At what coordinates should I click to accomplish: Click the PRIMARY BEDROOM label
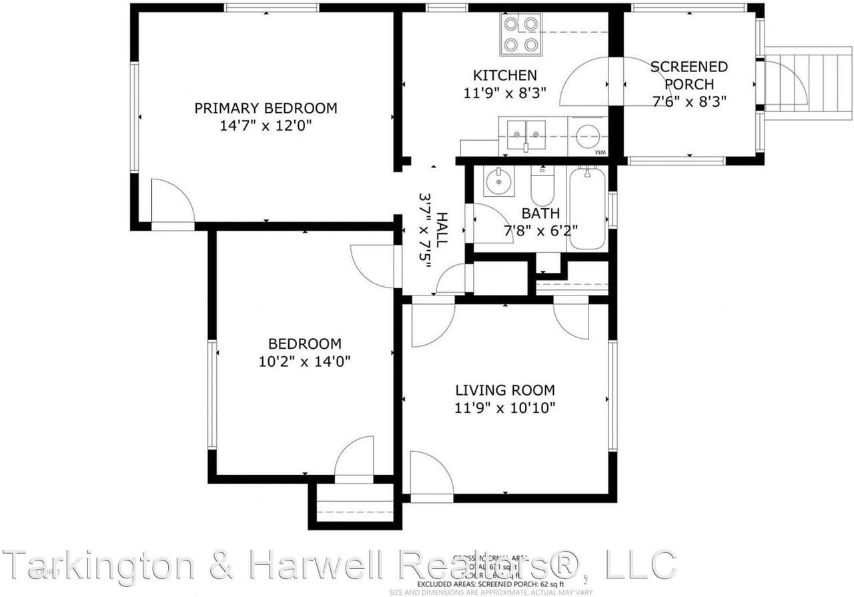[266, 108]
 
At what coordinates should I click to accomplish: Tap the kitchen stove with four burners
[520, 35]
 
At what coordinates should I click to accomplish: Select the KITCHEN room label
[505, 75]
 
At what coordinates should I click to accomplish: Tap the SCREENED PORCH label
[689, 75]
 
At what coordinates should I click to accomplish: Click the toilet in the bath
[541, 187]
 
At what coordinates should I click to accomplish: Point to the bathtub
[588, 208]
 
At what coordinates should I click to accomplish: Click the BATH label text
[540, 214]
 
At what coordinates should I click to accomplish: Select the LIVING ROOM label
[505, 390]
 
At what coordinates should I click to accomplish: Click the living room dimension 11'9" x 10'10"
[505, 408]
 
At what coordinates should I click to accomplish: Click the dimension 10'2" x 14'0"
[305, 362]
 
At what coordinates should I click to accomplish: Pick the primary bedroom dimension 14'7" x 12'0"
[266, 125]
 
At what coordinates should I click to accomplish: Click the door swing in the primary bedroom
[172, 203]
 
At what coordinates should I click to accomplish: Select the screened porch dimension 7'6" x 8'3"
[689, 101]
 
